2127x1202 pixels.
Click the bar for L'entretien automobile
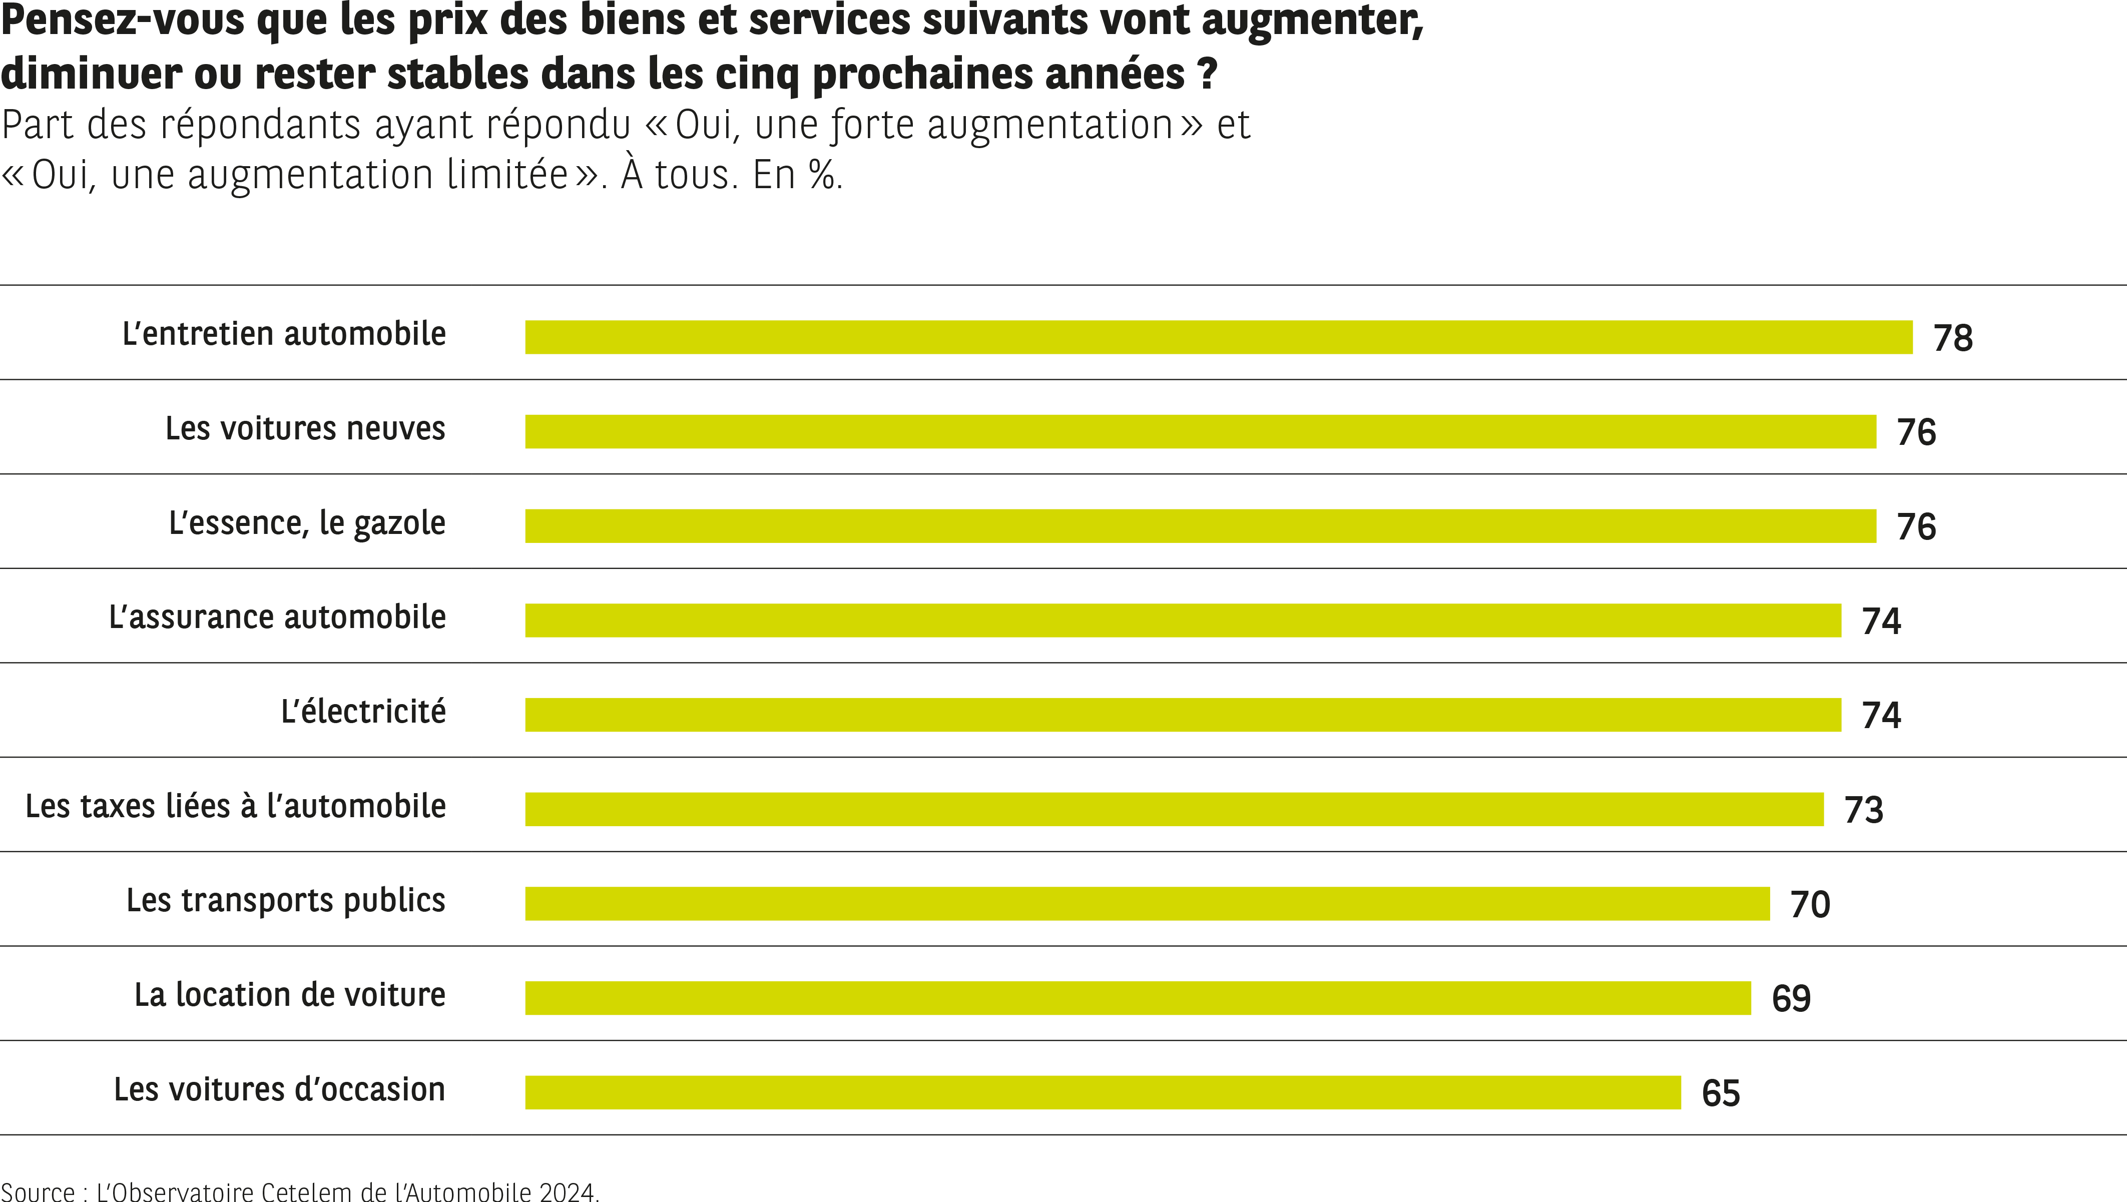click(x=1218, y=337)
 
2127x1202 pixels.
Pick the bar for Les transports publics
click(x=1147, y=903)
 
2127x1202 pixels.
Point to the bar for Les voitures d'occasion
click(x=1103, y=1092)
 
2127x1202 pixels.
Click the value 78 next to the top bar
click(x=1953, y=338)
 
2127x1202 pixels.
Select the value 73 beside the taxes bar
click(x=1864, y=810)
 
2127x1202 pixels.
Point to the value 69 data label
click(x=1791, y=999)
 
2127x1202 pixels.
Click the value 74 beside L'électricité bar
click(x=1881, y=716)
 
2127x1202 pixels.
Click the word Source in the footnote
click(x=38, y=1192)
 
